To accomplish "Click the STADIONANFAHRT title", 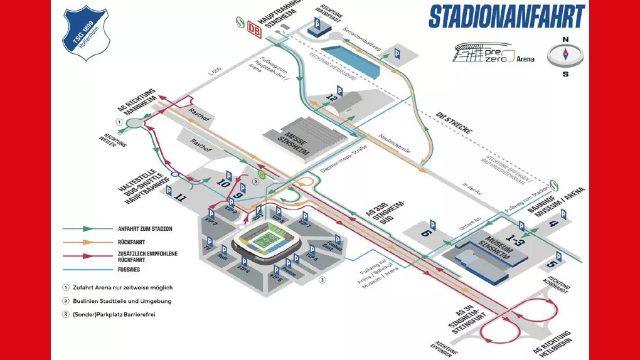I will [x=506, y=17].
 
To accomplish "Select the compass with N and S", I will [x=565, y=55].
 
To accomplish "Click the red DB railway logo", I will [x=254, y=29].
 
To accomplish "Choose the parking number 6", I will [x=426, y=231].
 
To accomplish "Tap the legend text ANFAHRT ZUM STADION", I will [x=145, y=229].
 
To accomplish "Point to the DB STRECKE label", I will [x=453, y=124].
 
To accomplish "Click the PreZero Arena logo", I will [x=495, y=54].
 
